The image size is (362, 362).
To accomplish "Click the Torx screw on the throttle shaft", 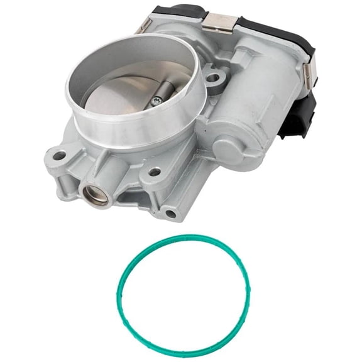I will [x=155, y=101].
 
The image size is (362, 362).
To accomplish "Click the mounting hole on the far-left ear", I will [x=60, y=155].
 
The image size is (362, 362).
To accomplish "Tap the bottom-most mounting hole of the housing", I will [x=170, y=214].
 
